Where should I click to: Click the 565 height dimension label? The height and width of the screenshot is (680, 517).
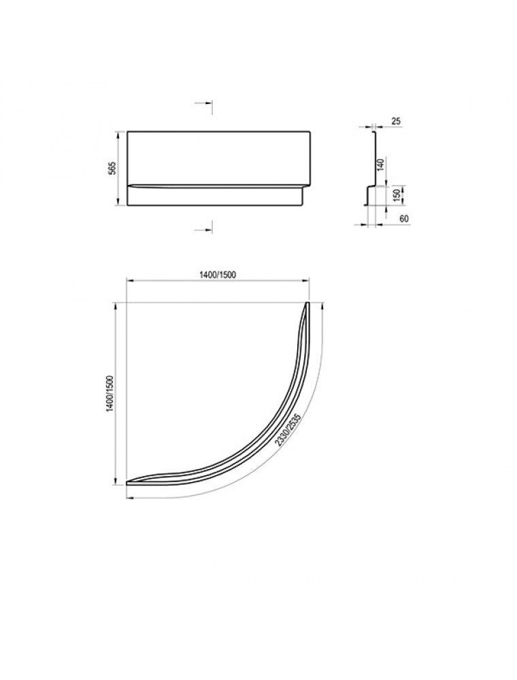pyautogui.click(x=112, y=168)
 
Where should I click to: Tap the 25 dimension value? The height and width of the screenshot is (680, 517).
pyautogui.click(x=395, y=122)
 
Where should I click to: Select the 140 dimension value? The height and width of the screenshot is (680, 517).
pyautogui.click(x=381, y=165)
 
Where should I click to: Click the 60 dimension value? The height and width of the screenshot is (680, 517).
pyautogui.click(x=404, y=218)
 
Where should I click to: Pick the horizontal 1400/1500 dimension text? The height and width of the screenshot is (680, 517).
pyautogui.click(x=217, y=275)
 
